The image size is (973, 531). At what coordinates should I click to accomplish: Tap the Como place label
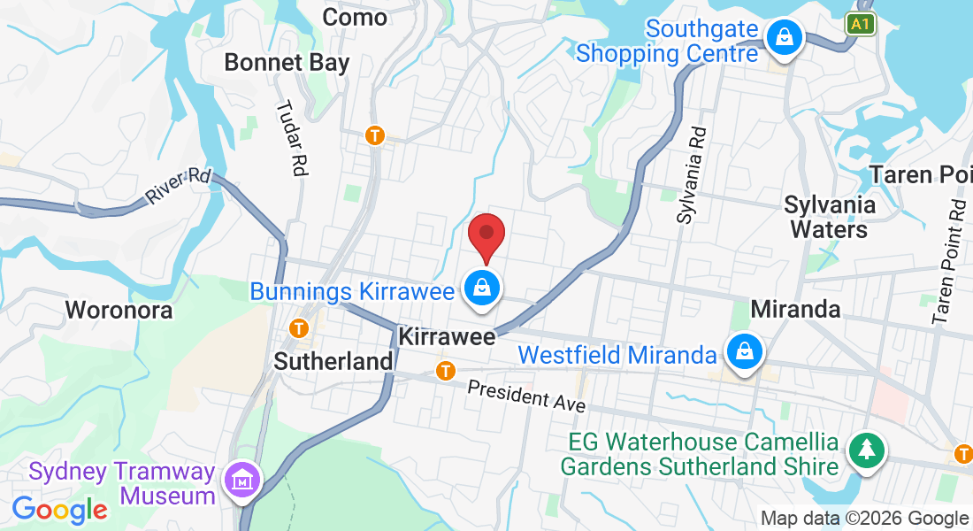[x=355, y=17]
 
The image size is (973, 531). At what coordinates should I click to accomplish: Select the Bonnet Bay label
[x=287, y=63]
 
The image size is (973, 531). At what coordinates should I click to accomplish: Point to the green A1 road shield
[x=860, y=24]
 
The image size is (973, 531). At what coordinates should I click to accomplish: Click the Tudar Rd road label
[x=291, y=139]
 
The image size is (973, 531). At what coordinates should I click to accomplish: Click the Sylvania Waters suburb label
[x=830, y=218]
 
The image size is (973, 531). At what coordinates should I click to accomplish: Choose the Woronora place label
[x=119, y=311]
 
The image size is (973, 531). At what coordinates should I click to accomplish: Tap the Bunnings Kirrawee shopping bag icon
[x=482, y=288]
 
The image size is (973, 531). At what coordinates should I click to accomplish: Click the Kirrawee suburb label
[x=446, y=337]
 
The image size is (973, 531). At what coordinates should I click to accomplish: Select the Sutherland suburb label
[x=333, y=361]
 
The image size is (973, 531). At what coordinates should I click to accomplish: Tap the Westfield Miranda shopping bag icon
[x=745, y=351]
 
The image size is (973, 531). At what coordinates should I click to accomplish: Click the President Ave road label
[x=526, y=395]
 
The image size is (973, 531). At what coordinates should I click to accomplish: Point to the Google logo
[x=59, y=509]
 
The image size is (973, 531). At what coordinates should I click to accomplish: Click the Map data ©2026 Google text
[x=864, y=519]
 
